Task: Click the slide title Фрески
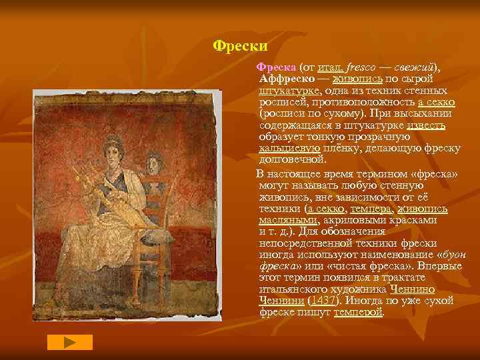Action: tap(239, 46)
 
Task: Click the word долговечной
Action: tap(293, 159)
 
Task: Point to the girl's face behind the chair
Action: tap(155, 161)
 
